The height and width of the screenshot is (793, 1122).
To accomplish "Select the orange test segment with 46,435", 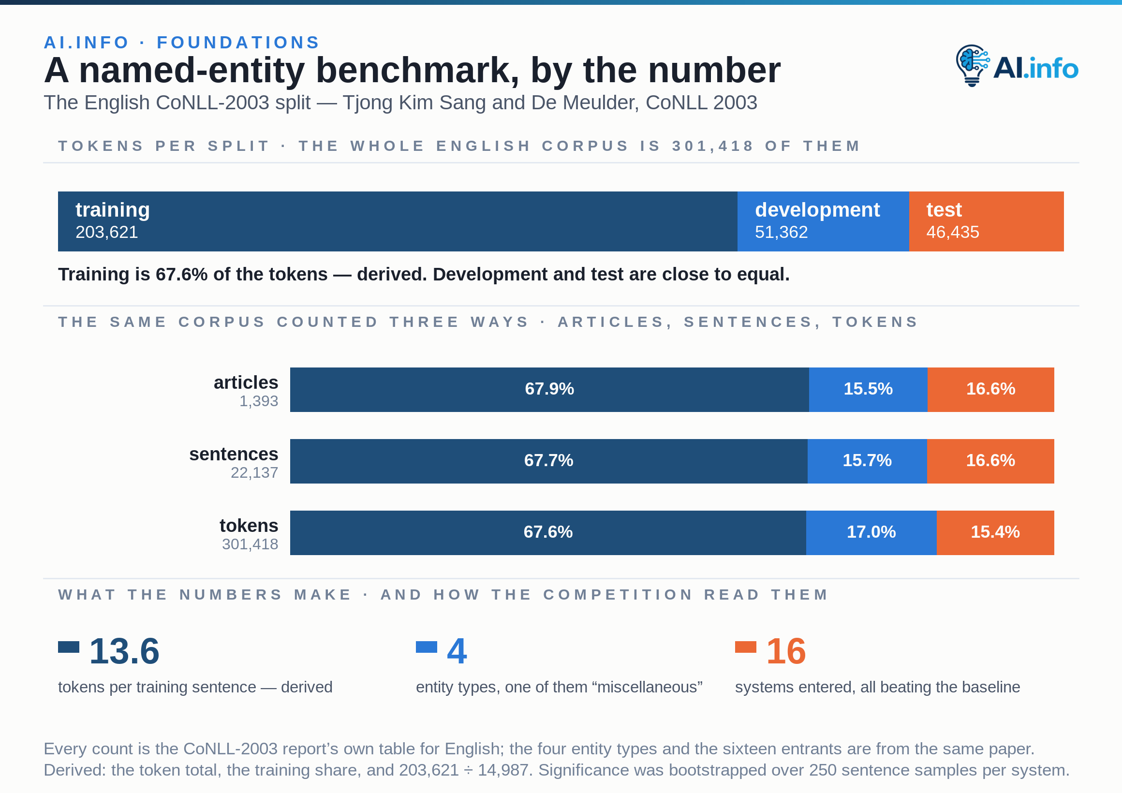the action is (986, 221).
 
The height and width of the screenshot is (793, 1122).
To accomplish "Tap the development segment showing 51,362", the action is (823, 221).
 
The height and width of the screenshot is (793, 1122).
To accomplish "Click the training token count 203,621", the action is (106, 232).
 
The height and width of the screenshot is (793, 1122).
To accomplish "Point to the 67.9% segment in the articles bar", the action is (549, 389).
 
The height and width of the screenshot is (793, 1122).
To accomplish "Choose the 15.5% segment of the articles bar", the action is (868, 389).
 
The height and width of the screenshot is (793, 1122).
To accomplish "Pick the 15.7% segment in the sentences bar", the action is (867, 461).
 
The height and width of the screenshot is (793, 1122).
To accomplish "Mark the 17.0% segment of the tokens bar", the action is (871, 532).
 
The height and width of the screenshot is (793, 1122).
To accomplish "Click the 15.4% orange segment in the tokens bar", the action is (995, 532).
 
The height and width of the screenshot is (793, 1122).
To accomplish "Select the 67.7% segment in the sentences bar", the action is (549, 461).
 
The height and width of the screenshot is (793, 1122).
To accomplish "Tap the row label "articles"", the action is (246, 382).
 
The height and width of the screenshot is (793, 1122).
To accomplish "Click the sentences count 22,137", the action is (254, 472).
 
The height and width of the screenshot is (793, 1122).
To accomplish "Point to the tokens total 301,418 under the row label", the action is (250, 544).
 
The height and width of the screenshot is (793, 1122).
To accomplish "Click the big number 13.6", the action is (124, 651).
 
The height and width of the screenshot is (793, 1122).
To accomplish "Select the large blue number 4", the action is (457, 651).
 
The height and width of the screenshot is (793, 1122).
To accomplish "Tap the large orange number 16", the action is (786, 651).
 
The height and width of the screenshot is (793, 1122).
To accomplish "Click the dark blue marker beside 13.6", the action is (68, 647).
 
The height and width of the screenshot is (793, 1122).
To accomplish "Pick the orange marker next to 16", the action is (745, 647).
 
